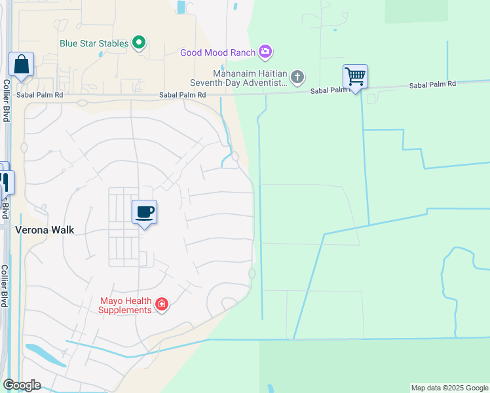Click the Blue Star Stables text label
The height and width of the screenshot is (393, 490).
(x=94, y=44)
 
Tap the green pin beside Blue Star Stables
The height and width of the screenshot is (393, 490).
(x=139, y=43)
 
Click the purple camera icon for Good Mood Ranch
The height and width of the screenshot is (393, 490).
(x=265, y=51)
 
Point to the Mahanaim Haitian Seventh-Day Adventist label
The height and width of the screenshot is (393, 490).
(x=238, y=79)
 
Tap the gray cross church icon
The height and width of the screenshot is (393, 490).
(x=297, y=78)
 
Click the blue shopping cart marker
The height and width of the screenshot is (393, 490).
(x=355, y=77)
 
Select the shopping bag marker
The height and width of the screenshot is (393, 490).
(x=21, y=65)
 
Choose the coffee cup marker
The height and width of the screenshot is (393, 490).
(x=145, y=212)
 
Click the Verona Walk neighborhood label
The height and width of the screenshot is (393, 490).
(x=45, y=230)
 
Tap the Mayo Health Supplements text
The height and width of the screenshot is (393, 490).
(x=125, y=305)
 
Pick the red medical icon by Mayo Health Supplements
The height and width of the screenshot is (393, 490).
(x=162, y=305)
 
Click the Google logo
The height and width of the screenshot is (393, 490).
(x=22, y=385)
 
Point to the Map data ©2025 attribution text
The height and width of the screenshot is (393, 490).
(x=449, y=388)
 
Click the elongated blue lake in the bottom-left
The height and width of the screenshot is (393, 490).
(x=45, y=355)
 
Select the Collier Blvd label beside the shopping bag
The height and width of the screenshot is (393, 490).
(x=6, y=100)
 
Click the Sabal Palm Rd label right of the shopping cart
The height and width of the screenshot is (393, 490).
(x=432, y=85)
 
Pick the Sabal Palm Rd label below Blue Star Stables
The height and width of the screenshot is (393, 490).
(x=183, y=95)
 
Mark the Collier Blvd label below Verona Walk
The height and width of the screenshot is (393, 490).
(x=4, y=286)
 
